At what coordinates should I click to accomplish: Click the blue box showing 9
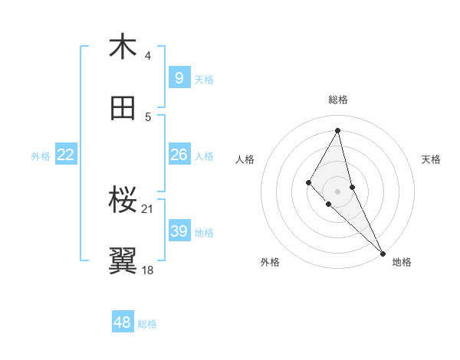coord(179,77)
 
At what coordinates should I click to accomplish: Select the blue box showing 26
coord(179,155)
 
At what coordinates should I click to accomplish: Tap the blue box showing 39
coord(179,231)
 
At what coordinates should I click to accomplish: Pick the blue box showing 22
coord(66,155)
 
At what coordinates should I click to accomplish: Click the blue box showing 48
coord(123,322)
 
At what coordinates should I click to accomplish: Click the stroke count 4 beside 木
coord(148,56)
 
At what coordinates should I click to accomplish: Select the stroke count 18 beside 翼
coord(148,270)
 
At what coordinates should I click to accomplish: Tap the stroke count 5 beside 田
coord(148,117)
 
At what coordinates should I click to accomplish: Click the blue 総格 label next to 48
coord(147,324)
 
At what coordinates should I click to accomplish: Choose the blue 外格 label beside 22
coord(41,156)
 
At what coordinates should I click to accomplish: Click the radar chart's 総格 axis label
coord(338,100)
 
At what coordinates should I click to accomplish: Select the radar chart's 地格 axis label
coord(402,262)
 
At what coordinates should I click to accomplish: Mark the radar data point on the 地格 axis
coord(383,253)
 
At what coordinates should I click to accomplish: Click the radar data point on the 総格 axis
coord(338,130)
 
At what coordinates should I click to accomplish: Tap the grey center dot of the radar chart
coord(338,191)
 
